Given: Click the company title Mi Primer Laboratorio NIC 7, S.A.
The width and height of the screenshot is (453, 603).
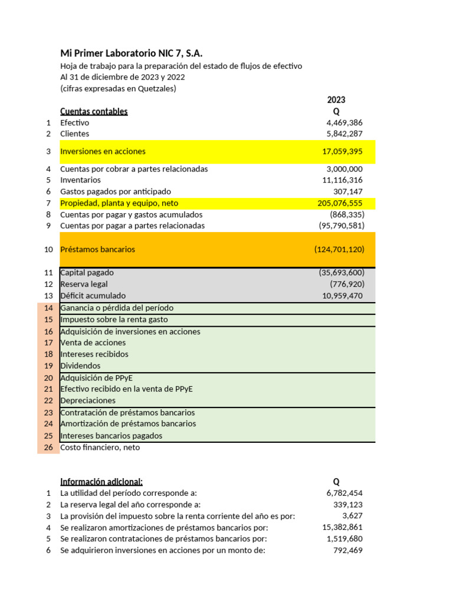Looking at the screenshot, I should pyautogui.click(x=135, y=53).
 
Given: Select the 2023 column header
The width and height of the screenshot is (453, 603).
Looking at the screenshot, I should pyautogui.click(x=336, y=100).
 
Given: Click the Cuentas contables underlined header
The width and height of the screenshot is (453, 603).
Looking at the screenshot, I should pyautogui.click(x=94, y=111).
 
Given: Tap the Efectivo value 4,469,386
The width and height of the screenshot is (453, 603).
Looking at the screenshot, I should pyautogui.click(x=344, y=122).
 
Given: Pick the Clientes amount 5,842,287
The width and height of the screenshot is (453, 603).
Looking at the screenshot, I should pyautogui.click(x=344, y=134).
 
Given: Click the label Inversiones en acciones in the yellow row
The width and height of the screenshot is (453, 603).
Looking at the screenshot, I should pyautogui.click(x=103, y=151).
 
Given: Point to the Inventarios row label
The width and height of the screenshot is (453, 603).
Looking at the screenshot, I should pyautogui.click(x=80, y=180).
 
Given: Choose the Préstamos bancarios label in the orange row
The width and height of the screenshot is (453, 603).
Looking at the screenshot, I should pyautogui.click(x=97, y=249).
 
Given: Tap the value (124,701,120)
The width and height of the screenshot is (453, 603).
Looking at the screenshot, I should pyautogui.click(x=339, y=249).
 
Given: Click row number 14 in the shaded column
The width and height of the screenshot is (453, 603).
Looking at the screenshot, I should pyautogui.click(x=48, y=308).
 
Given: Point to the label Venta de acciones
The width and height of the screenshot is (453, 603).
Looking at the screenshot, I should pyautogui.click(x=93, y=342).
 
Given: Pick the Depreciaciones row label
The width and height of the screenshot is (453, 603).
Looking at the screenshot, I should pyautogui.click(x=88, y=400).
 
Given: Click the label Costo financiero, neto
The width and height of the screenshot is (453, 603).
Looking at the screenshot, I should pyautogui.click(x=100, y=447).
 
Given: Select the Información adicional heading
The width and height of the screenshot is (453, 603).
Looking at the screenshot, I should pyautogui.click(x=101, y=481).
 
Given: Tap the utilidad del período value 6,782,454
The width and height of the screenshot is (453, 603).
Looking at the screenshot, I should pyautogui.click(x=344, y=492).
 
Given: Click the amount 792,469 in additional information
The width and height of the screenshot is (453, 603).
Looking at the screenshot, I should pyautogui.click(x=348, y=550).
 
